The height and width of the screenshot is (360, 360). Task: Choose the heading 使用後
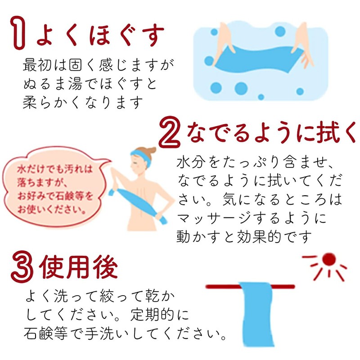pyautogui.click(x=79, y=267)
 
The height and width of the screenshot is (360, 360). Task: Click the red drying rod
pyautogui.click(x=216, y=286)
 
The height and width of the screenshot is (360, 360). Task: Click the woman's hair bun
pyautogui.click(x=151, y=151)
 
